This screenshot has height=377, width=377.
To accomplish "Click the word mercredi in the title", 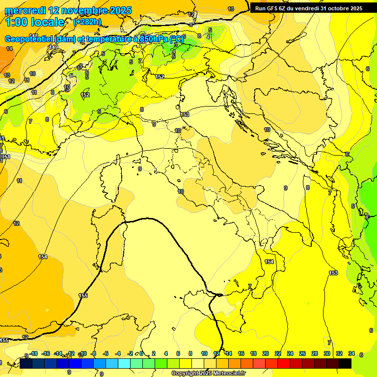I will pos(25,10).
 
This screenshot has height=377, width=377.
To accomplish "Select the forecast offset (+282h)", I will pos(87,22).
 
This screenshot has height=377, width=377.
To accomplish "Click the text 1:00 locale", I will pos(34,22).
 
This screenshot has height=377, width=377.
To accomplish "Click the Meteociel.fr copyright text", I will pos(208,374).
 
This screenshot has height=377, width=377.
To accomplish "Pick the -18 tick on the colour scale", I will pos(33,353).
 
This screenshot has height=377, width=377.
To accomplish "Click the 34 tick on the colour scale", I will pos(351,353).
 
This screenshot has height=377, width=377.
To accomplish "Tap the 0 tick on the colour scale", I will pos(141,353).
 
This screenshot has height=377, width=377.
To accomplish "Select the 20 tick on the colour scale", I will pos(266,353).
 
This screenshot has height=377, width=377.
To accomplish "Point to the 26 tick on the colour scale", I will pos(302,353).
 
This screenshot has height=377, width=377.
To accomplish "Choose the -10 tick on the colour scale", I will pos(83,353).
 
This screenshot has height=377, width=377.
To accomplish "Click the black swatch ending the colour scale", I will pos(345,363).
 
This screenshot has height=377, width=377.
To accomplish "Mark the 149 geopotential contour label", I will pos(53,47).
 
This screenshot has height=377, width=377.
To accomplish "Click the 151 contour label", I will pos(6,157).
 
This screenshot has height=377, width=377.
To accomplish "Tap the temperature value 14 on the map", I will pos(9,49).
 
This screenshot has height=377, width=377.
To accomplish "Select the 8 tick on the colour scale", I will pos(190,353).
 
